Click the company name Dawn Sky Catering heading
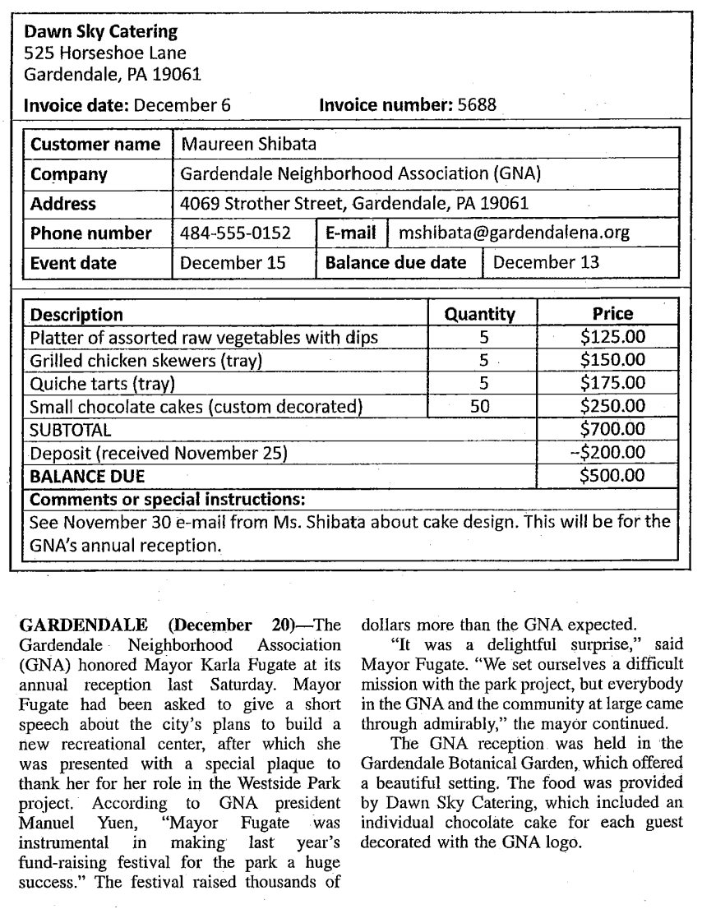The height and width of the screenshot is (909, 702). point(100,33)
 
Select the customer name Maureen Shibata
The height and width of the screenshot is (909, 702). point(248,144)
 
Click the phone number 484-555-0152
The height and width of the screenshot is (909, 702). point(235,233)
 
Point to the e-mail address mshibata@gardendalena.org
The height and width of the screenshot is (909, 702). point(514,233)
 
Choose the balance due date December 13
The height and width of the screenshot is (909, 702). point(546,263)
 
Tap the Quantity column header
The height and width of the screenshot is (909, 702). point(479,314)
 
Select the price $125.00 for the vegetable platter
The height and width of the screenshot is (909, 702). point(612,337)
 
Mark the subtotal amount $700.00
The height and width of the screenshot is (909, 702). point(612,429)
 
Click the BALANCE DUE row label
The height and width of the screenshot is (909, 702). point(87,475)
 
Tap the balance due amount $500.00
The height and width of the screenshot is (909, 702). point(612,475)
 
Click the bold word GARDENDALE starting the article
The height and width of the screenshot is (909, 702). point(78,622)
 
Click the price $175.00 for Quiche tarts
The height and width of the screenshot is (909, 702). point(612,383)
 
